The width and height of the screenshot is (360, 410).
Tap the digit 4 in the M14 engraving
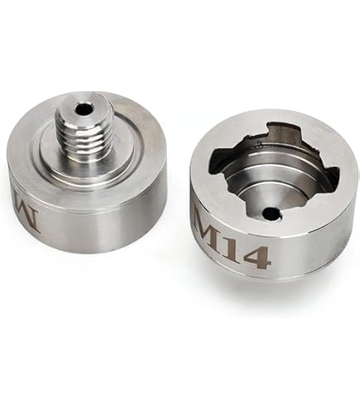click(x=259, y=258)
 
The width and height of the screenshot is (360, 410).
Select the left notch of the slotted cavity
click(x=218, y=162)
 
